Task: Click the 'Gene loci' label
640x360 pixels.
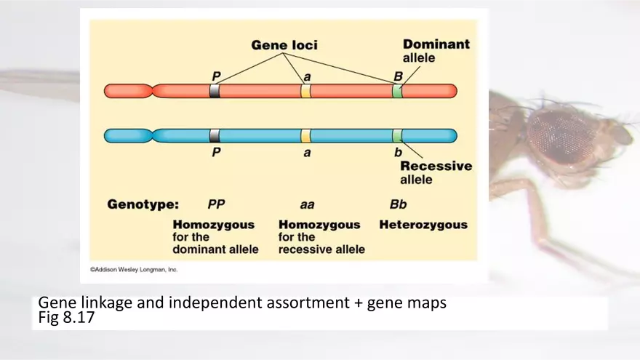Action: click(x=284, y=45)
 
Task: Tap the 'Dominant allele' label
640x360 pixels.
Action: click(x=436, y=50)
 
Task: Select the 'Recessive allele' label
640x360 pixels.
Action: click(x=436, y=172)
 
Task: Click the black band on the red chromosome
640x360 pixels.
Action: click(x=215, y=91)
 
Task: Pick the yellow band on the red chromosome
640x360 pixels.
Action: click(x=305, y=91)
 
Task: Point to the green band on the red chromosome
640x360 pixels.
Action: click(x=397, y=91)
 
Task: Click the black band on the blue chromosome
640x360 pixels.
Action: click(x=215, y=136)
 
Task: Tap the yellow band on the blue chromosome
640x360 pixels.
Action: click(x=305, y=136)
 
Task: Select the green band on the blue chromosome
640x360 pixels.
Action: click(x=397, y=136)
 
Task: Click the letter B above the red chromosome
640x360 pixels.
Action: click(x=398, y=76)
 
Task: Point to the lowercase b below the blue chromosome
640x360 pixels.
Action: click(x=398, y=153)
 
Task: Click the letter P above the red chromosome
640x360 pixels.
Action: click(x=215, y=76)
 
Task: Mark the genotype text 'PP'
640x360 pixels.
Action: click(x=216, y=204)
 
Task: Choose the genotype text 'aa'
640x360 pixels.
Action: click(x=307, y=205)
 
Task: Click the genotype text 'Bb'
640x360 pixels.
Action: click(x=398, y=204)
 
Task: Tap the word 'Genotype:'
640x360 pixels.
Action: click(x=143, y=204)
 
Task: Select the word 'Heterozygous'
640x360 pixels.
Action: click(x=423, y=225)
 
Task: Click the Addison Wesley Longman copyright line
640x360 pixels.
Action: click(x=134, y=269)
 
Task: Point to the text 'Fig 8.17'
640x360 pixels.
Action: click(x=66, y=318)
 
